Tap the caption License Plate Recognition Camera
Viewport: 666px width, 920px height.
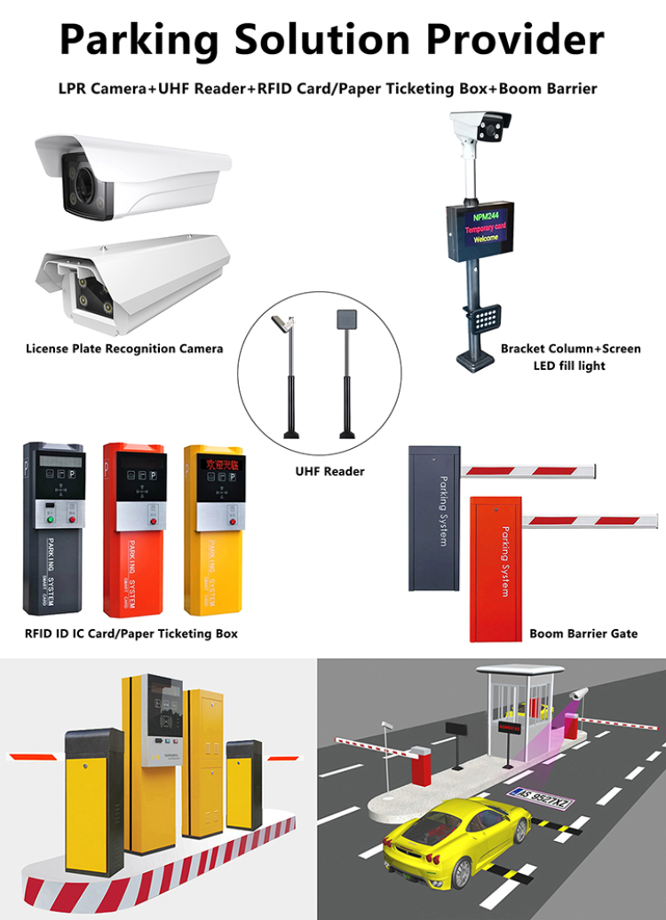[x=124, y=349]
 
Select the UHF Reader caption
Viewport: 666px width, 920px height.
[x=330, y=471]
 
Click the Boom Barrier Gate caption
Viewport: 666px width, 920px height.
[x=583, y=633]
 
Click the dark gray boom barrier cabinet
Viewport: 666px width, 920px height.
[x=432, y=519]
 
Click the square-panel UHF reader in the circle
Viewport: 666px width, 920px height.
[x=345, y=321]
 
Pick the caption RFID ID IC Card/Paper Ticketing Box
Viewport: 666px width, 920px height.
[x=131, y=633]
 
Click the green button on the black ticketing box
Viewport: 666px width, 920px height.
[x=49, y=518]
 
